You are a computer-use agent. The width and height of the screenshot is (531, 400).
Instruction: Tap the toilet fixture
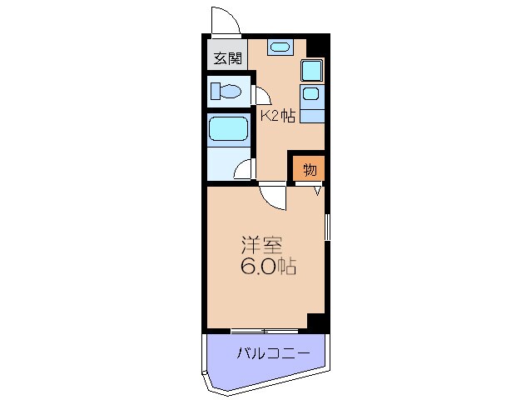(226, 90)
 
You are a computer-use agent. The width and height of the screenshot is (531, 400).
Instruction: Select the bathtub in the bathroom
(228, 128)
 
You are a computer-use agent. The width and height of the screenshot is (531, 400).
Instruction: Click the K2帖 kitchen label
(278, 116)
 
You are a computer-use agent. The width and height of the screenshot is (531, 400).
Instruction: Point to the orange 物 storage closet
(309, 170)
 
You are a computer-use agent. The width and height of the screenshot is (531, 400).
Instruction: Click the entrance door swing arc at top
(224, 20)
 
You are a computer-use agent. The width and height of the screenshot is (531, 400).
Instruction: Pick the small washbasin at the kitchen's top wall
(280, 48)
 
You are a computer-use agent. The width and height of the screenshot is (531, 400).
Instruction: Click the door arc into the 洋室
(272, 196)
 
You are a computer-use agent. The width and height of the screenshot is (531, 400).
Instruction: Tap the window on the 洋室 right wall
(327, 226)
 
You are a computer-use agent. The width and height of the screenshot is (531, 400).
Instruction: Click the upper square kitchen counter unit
(311, 70)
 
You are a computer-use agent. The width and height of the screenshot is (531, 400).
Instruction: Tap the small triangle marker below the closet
(318, 191)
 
